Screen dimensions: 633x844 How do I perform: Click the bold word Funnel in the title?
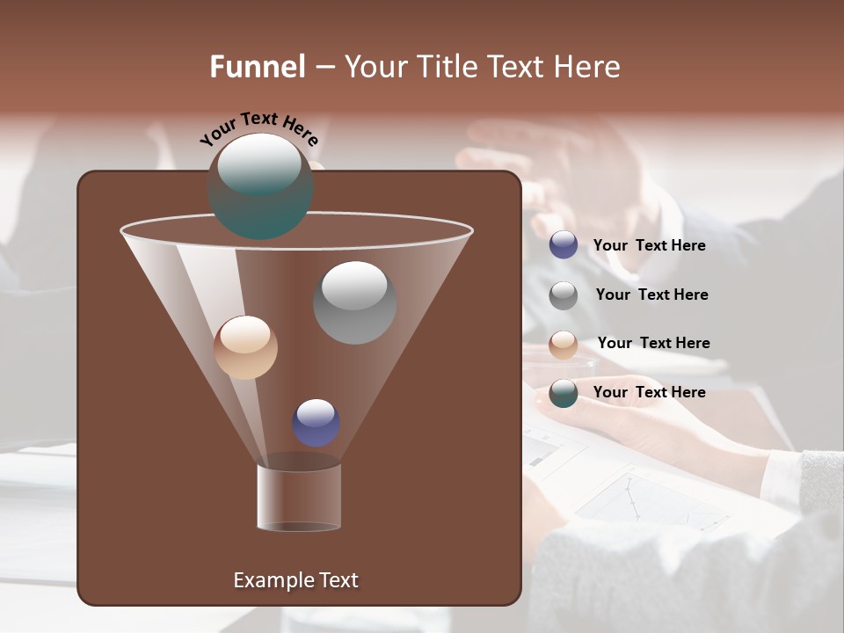click(257, 67)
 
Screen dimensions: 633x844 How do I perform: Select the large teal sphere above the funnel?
click(260, 186)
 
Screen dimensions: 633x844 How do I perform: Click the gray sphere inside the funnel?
click(355, 302)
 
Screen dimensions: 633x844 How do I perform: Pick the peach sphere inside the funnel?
click(245, 347)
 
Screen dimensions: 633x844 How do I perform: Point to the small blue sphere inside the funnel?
click(316, 423)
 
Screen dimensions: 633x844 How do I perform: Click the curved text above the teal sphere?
click(258, 127)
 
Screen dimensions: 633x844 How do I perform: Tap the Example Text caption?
click(295, 580)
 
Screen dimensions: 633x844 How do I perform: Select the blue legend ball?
click(564, 245)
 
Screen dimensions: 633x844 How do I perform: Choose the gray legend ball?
click(564, 295)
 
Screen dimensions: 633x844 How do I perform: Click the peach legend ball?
click(564, 345)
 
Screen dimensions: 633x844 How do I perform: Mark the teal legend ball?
click(564, 393)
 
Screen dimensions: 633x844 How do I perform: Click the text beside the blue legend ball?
click(649, 245)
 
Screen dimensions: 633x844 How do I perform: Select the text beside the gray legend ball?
click(651, 295)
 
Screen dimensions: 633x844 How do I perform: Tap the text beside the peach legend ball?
click(653, 343)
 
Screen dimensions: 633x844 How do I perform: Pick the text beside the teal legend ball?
click(649, 392)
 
